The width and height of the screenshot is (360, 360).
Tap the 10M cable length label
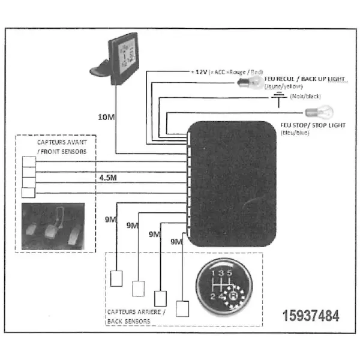(x=106, y=116)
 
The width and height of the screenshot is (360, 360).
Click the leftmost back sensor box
(x=117, y=277)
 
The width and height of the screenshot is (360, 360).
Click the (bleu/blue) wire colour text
(x=295, y=132)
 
